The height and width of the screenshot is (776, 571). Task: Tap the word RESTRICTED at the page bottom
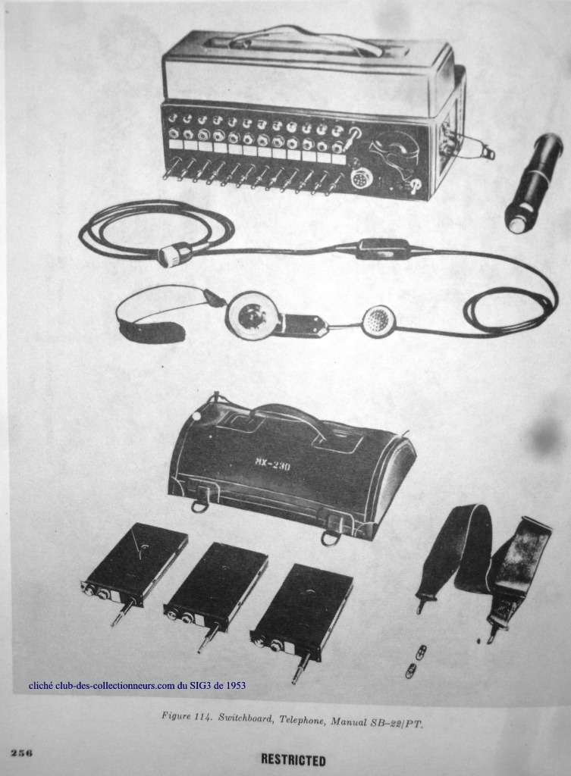(293, 759)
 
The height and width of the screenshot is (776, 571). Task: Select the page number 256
(22, 753)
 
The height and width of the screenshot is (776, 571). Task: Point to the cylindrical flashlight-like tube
(533, 183)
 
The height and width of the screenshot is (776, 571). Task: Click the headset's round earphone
(246, 314)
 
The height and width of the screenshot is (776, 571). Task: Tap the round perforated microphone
(379, 321)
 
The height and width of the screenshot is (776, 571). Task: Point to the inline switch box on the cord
(384, 249)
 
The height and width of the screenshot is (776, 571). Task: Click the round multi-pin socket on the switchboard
(360, 179)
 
